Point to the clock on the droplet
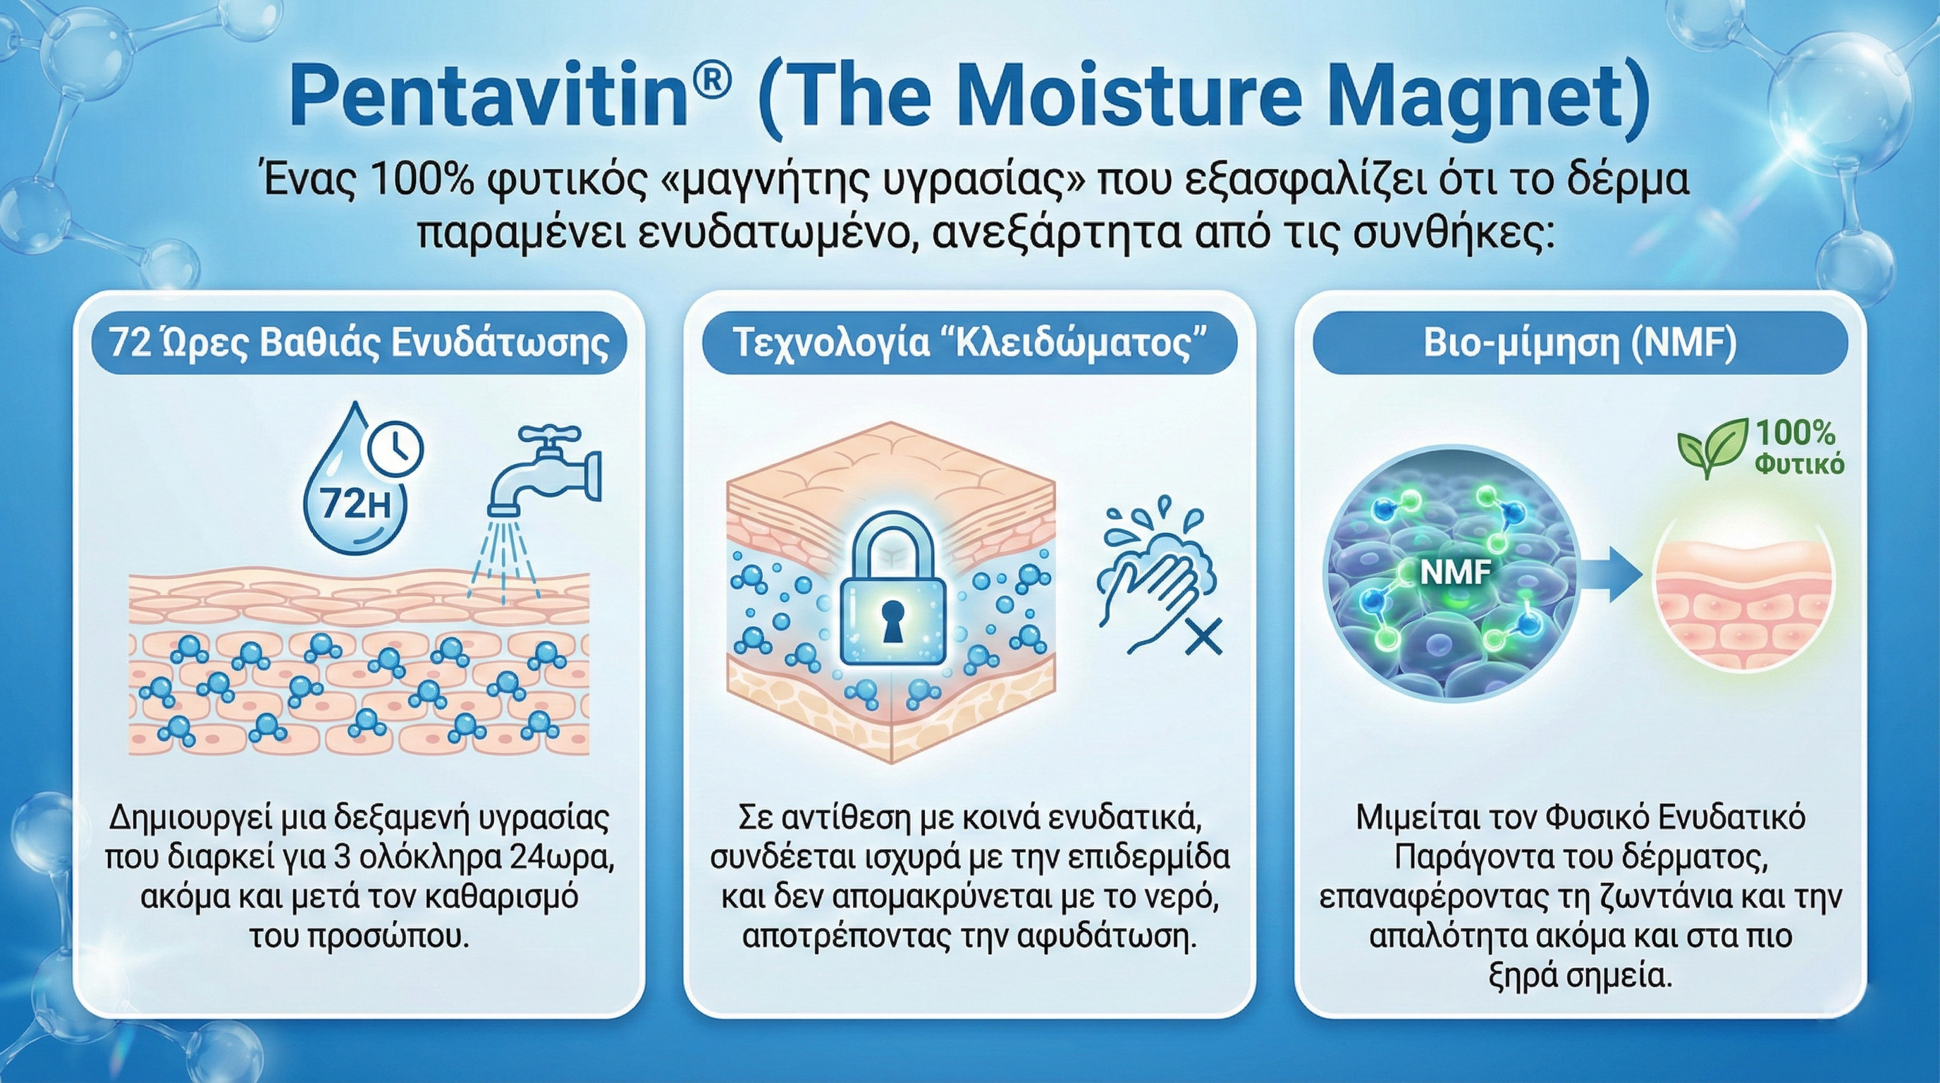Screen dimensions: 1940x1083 (x=393, y=451)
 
